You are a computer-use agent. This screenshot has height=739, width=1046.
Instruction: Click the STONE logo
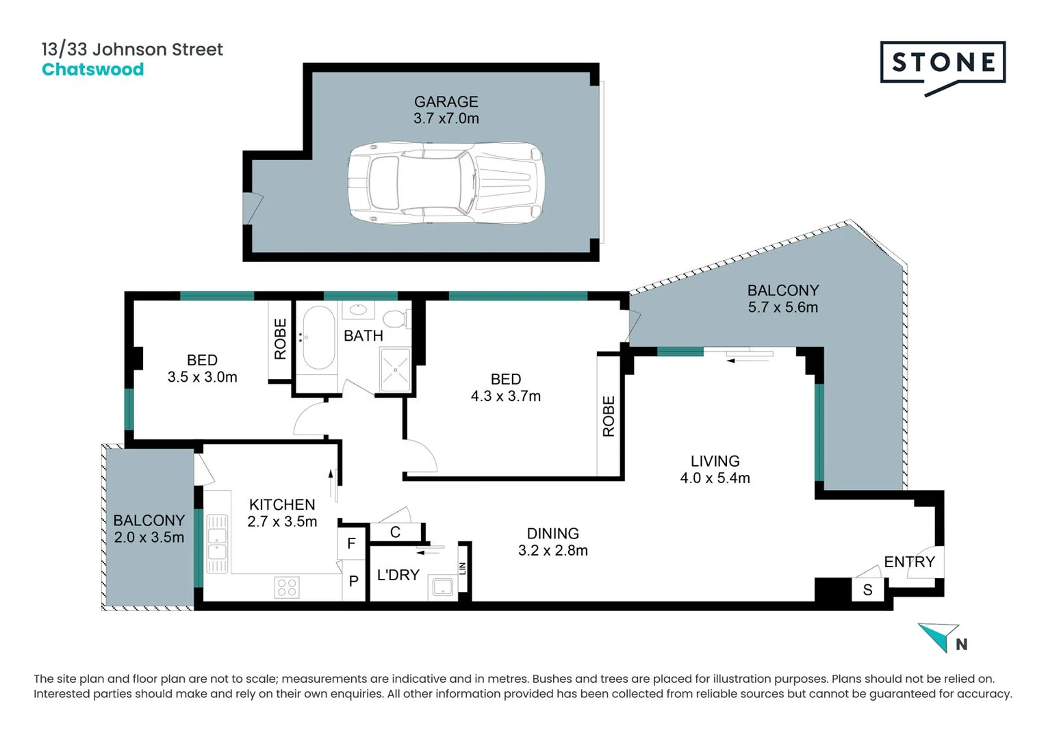943,64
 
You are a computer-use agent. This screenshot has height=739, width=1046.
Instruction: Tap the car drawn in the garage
446,182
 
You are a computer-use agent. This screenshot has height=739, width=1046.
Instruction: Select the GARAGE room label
446,101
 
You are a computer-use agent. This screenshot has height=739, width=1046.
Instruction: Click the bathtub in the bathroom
318,337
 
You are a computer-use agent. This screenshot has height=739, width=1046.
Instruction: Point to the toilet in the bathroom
396,318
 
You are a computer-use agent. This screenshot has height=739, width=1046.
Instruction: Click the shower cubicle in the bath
395,370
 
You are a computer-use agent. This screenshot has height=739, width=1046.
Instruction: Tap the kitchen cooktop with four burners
287,587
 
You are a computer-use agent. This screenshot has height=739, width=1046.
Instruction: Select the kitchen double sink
217,542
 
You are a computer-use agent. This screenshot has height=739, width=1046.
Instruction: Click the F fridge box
352,543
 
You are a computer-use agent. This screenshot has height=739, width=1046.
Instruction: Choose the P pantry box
353,581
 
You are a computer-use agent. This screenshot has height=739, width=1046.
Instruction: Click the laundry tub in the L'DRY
442,587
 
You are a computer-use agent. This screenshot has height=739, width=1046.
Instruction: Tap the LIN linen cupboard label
463,568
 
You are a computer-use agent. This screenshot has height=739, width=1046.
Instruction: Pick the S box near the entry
867,590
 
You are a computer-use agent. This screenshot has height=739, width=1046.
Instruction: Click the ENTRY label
908,562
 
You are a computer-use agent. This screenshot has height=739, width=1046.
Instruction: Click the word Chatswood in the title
92,69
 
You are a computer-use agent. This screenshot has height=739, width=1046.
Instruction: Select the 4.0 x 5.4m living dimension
715,478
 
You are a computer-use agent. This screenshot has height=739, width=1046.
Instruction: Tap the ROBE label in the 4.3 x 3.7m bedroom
609,416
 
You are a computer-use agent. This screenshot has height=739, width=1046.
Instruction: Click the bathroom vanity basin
358,310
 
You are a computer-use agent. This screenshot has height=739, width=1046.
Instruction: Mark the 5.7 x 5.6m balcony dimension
782,307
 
